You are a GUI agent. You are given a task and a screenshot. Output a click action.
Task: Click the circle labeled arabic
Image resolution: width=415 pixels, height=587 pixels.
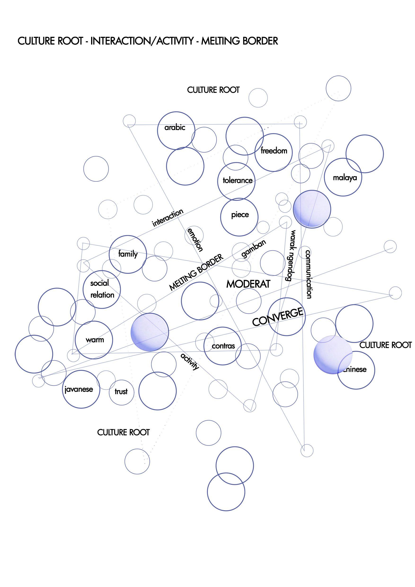coord(172,130)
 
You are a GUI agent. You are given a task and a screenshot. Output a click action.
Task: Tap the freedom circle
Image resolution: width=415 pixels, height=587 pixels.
coord(274,152)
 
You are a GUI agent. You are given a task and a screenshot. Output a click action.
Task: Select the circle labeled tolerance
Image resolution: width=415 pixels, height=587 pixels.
coord(236,181)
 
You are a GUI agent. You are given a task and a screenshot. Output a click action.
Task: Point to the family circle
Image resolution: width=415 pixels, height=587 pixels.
coord(128,254)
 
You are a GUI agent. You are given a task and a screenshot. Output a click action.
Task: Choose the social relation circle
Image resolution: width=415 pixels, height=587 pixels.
coord(102,289)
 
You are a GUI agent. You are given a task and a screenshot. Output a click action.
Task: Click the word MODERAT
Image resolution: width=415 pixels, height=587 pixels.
coord(248,284)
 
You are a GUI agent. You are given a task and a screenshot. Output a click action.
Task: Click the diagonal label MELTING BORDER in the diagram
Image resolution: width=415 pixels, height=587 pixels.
coord(196,272)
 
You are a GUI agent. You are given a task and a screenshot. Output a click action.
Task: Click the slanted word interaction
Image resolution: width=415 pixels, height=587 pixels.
coord(168,218)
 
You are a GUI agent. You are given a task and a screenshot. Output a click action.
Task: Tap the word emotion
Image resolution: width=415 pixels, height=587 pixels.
coord(195,240)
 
